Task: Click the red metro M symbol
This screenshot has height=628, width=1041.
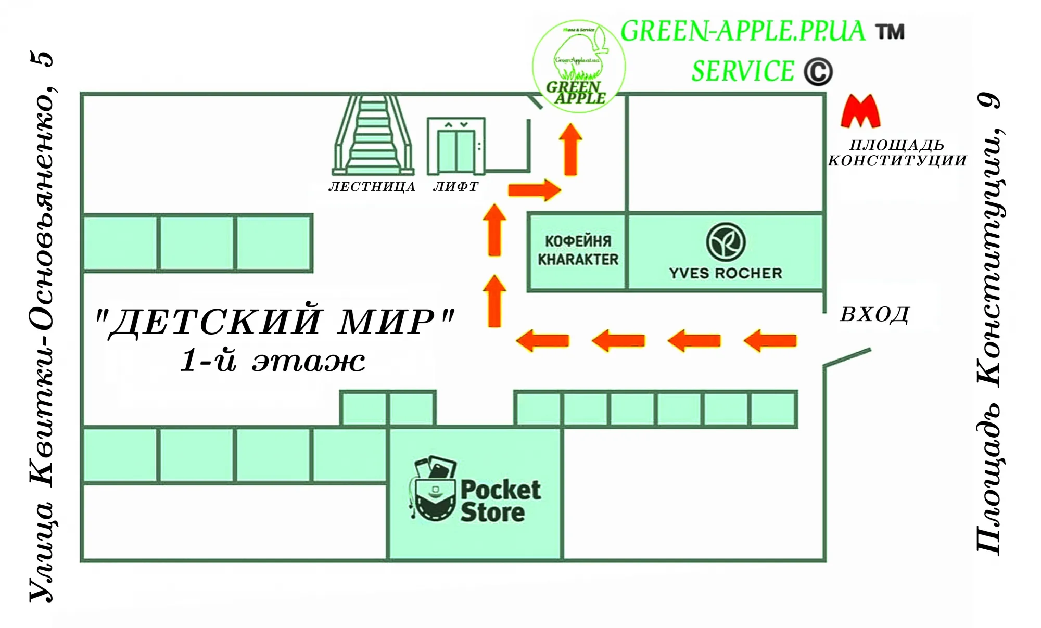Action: pos(860,112)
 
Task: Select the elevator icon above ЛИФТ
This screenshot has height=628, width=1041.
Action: pos(456,146)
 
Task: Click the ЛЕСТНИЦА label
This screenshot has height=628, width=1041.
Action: pos(372,187)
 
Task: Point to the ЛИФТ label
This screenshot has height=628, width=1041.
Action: pos(455,187)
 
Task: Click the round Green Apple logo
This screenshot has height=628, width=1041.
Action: pos(578,67)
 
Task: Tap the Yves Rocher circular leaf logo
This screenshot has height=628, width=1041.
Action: pos(726,242)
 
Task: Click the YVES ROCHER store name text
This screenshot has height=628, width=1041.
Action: pos(726,273)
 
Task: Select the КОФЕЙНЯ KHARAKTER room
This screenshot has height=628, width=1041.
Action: pos(578,251)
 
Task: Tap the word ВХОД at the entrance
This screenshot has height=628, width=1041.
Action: pos(875,315)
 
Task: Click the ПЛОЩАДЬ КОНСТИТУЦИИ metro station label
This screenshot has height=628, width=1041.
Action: pos(897,152)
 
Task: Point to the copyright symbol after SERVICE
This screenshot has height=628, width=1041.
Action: pos(818,72)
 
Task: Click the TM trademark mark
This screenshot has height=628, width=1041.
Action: pos(890,32)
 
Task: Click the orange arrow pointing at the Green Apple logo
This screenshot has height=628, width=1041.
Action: pos(570,149)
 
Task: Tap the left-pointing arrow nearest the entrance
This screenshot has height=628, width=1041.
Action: pos(770,341)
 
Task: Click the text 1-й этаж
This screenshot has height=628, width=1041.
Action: pos(272,361)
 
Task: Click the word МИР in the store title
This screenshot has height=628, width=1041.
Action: pos(396,321)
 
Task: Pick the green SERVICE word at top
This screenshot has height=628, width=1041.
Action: pos(743,71)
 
